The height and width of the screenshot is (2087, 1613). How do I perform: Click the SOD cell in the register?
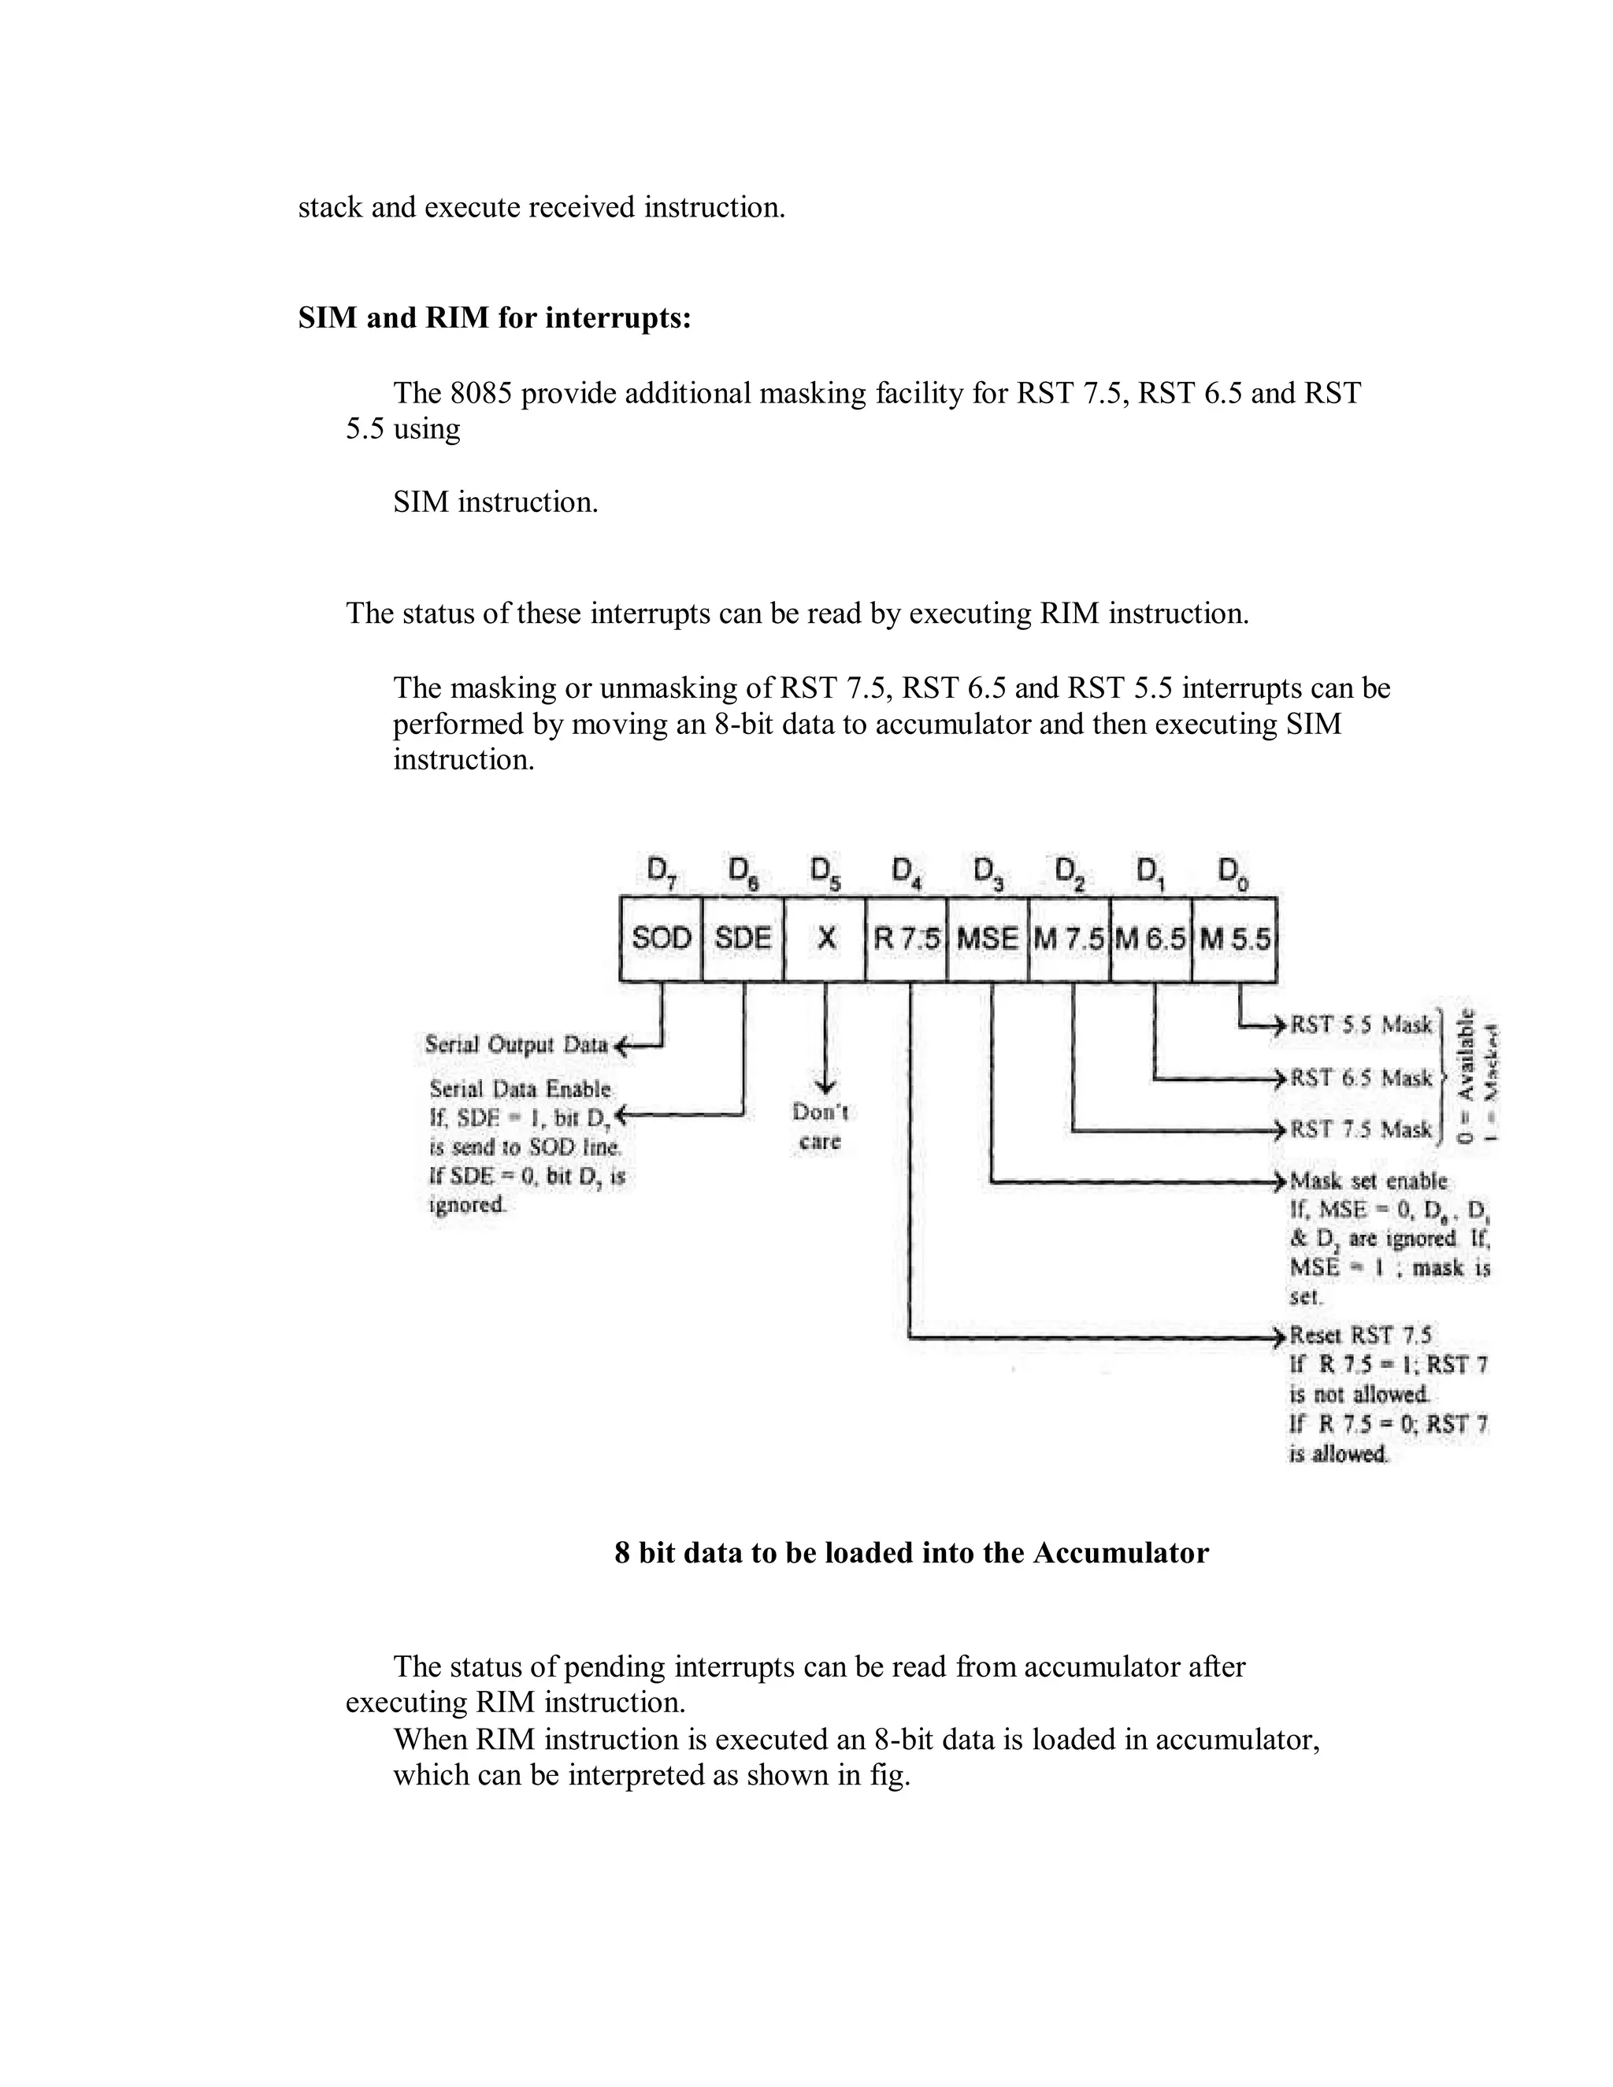(662, 939)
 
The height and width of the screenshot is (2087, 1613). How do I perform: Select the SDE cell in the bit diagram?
(743, 939)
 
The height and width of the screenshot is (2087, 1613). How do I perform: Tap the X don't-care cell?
(825, 939)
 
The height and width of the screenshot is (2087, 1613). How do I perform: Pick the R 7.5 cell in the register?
(907, 939)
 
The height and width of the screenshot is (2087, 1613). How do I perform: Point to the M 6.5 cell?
(1151, 939)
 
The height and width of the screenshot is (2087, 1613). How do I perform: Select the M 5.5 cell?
(1235, 939)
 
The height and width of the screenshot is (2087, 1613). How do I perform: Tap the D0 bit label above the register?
(1233, 872)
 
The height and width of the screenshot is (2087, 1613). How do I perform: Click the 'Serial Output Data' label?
(516, 1044)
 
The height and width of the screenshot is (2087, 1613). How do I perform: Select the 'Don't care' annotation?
(820, 1127)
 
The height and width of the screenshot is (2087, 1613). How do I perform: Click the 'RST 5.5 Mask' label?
(1362, 1025)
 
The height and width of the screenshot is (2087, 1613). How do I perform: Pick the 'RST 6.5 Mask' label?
(1362, 1078)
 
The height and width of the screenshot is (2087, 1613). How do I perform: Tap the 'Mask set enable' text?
(1368, 1181)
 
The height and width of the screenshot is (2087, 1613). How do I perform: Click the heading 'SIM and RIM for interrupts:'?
(494, 317)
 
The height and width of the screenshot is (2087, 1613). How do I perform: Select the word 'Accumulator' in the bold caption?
(1120, 1553)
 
